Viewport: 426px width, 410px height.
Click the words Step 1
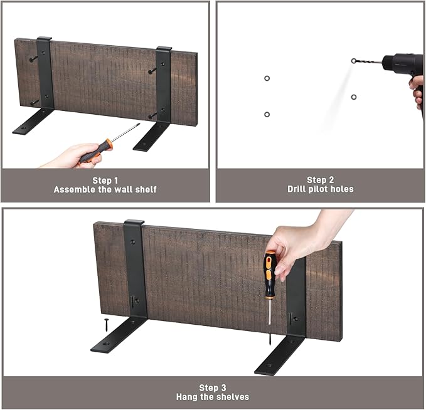(x=105, y=181)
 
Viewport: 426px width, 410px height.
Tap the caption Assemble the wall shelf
(x=105, y=189)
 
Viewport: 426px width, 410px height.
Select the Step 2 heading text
(x=321, y=180)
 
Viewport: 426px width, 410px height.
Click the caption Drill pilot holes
(x=321, y=189)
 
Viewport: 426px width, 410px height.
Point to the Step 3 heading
(x=213, y=387)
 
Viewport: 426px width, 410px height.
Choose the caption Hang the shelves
(x=213, y=397)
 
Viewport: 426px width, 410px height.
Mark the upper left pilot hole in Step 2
(x=267, y=78)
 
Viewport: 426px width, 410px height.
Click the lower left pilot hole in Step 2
(x=267, y=114)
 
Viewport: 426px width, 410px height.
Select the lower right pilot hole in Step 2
(x=353, y=97)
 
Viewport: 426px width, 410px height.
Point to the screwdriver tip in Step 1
(x=139, y=124)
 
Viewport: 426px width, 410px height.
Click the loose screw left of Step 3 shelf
(x=106, y=325)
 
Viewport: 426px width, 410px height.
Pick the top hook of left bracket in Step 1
(x=44, y=38)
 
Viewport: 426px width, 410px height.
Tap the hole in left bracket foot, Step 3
(x=106, y=344)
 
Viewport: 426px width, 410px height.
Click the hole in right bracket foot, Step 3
(x=270, y=365)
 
